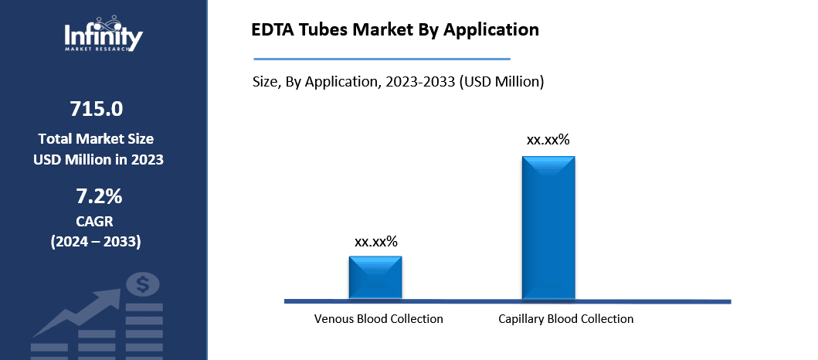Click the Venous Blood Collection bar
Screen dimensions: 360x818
pos(375,277)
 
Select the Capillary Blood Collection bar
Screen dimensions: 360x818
pos(548,227)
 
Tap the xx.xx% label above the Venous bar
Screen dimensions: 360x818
pos(375,242)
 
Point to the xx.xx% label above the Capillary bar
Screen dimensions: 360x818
pos(548,140)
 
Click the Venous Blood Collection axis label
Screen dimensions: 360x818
pos(378,318)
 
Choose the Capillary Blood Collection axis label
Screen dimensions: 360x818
pos(565,318)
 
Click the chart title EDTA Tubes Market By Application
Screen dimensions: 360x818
pos(395,30)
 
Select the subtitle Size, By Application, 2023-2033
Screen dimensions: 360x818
pos(398,81)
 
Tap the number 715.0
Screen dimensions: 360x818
pos(96,109)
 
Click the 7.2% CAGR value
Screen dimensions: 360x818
pos(96,196)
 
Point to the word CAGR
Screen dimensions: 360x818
pos(96,222)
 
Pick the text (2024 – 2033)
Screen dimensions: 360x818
pos(96,242)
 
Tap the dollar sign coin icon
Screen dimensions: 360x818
pos(143,286)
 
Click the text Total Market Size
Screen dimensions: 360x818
pos(96,139)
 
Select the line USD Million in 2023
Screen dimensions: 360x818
pos(98,159)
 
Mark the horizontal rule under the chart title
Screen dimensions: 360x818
pos(382,58)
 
